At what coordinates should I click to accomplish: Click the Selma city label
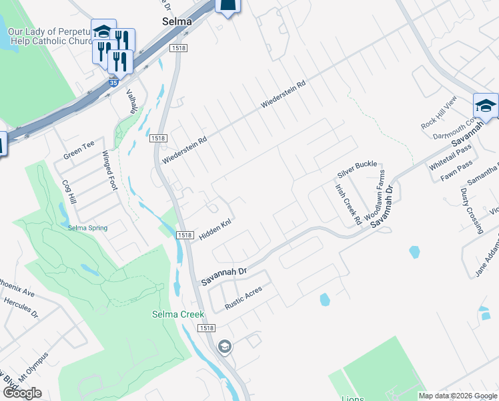coord(177,21)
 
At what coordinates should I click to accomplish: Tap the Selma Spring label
coord(87,228)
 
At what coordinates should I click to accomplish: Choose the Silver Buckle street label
coord(357,164)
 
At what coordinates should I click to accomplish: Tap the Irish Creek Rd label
coord(348,204)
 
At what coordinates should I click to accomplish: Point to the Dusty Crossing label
coord(471,211)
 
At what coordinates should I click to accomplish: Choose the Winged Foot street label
coord(109,171)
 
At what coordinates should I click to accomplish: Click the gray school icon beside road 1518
coord(225,346)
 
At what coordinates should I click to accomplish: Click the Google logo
coord(22,393)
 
